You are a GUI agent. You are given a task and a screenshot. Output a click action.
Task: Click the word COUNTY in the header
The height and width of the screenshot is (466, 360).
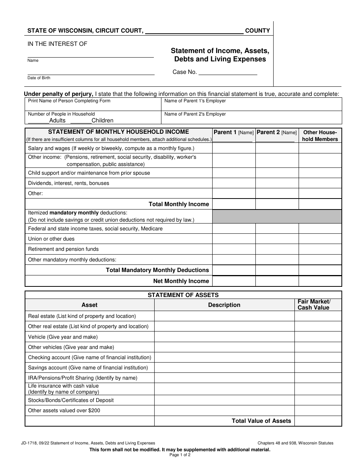click(x=258, y=31)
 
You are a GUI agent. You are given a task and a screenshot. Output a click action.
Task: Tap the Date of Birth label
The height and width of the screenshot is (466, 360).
click(x=39, y=78)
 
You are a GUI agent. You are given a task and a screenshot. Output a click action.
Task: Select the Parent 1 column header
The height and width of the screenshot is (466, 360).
click(x=233, y=132)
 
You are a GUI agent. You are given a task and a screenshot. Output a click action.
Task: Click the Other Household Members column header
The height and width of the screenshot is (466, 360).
click(x=320, y=136)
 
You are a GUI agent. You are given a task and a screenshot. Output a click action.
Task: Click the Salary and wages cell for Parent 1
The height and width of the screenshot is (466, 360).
click(x=233, y=149)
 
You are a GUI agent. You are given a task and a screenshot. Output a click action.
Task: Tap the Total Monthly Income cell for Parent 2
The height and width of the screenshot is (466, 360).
click(x=277, y=204)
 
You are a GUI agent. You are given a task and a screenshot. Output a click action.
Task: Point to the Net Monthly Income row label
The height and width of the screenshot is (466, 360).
click(x=181, y=281)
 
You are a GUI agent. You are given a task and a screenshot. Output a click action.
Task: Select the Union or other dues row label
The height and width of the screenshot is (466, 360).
click(x=51, y=239)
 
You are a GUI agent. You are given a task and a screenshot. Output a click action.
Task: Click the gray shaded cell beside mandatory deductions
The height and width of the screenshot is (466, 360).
click(x=277, y=216)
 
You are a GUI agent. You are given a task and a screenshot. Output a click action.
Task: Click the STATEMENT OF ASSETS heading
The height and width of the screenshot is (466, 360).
click(x=183, y=295)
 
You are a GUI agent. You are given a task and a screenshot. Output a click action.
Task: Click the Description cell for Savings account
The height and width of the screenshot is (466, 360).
click(x=224, y=368)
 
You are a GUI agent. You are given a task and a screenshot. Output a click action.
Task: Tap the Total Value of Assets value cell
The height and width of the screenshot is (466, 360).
click(x=318, y=421)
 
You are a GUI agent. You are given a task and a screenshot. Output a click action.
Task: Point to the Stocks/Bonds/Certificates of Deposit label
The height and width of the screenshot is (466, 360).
click(x=71, y=400)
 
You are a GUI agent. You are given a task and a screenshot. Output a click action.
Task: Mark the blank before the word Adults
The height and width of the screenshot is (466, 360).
click(x=38, y=120)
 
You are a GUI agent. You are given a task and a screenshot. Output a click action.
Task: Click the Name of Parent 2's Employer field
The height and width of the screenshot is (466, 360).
click(x=252, y=117)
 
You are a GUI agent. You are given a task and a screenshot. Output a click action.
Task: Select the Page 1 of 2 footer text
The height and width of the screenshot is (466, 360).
click(x=180, y=455)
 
